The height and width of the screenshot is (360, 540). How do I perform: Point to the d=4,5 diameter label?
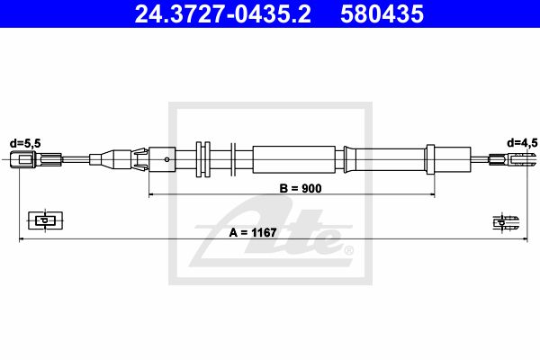point(521,141)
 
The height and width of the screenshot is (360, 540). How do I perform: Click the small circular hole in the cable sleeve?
point(168,159)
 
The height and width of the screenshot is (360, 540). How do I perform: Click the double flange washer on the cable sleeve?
point(202,159)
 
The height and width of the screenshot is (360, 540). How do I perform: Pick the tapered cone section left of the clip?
point(114,159)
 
